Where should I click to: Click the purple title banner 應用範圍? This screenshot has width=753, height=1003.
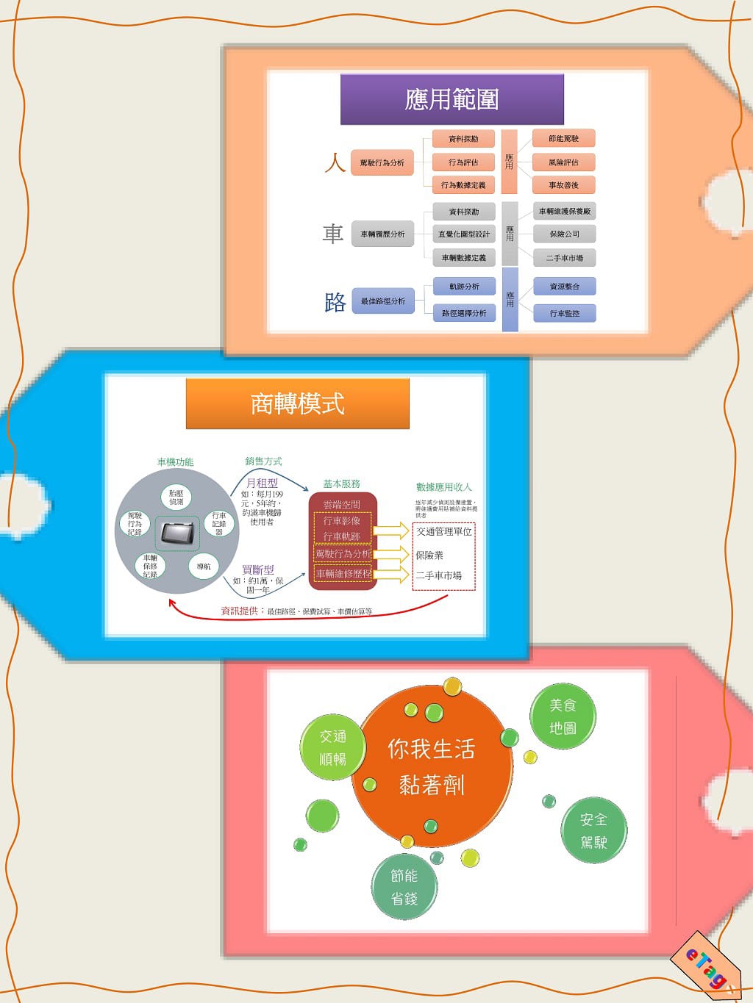pyautogui.click(x=452, y=99)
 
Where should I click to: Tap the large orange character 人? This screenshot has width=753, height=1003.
pyautogui.click(x=335, y=162)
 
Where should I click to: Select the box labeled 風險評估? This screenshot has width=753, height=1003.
pyautogui.click(x=563, y=162)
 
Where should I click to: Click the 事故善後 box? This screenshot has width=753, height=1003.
pyautogui.click(x=563, y=185)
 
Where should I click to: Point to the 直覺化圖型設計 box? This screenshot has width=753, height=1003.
pyautogui.click(x=463, y=234)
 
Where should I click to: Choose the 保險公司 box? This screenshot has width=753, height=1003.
pyautogui.click(x=564, y=234)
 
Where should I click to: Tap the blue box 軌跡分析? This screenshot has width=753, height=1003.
pyautogui.click(x=464, y=287)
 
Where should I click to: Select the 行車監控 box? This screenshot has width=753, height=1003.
pyautogui.click(x=564, y=313)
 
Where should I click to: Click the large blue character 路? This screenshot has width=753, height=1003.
pyautogui.click(x=335, y=301)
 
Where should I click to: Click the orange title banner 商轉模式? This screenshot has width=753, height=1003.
pyautogui.click(x=297, y=403)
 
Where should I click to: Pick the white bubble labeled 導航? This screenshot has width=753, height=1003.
pyautogui.click(x=204, y=567)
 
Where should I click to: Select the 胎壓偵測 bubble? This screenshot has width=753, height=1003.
pyautogui.click(x=176, y=497)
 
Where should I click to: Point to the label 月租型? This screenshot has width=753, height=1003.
pyautogui.click(x=262, y=483)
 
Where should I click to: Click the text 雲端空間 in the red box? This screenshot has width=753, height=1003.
pyautogui.click(x=342, y=505)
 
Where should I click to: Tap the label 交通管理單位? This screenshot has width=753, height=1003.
pyautogui.click(x=444, y=531)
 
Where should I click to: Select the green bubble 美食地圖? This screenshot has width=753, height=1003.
pyautogui.click(x=563, y=716)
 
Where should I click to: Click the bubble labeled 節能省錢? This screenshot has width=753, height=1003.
pyautogui.click(x=404, y=887)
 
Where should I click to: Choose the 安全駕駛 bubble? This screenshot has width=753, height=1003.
pyautogui.click(x=593, y=831)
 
